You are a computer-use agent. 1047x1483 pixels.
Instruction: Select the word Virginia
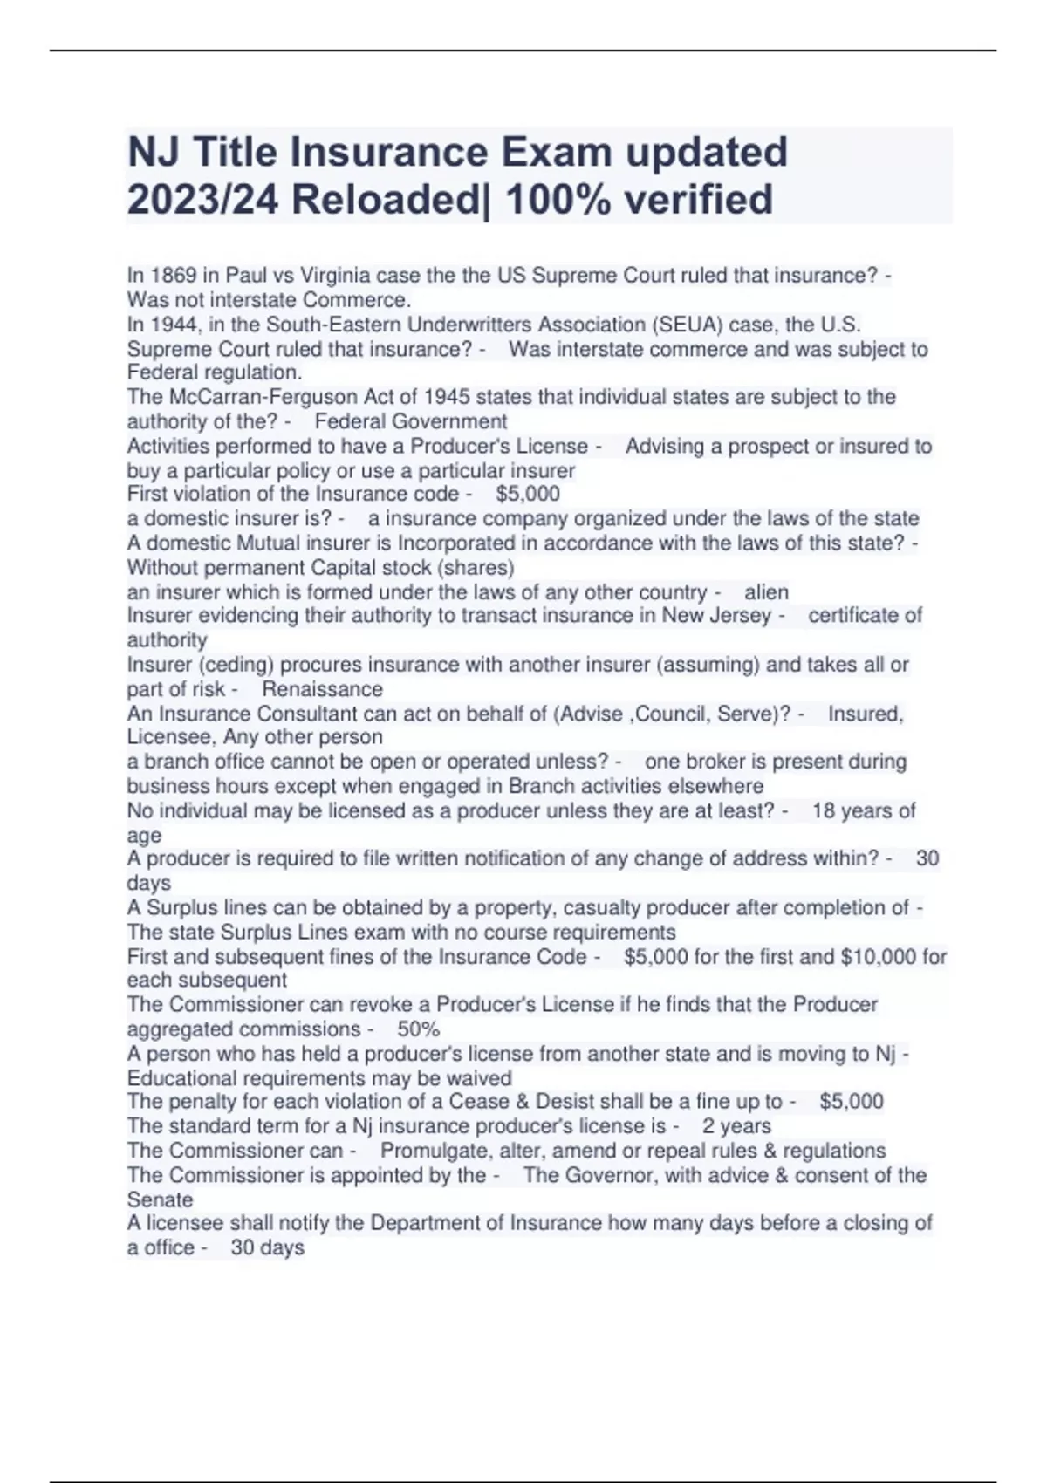point(335,276)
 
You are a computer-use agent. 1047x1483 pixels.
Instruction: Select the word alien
point(766,592)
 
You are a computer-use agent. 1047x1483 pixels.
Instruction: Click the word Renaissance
point(323,689)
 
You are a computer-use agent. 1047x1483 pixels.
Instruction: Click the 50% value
point(418,1029)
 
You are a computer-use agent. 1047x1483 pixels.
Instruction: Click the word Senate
point(160,1199)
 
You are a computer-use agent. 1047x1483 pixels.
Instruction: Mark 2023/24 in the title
point(202,199)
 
